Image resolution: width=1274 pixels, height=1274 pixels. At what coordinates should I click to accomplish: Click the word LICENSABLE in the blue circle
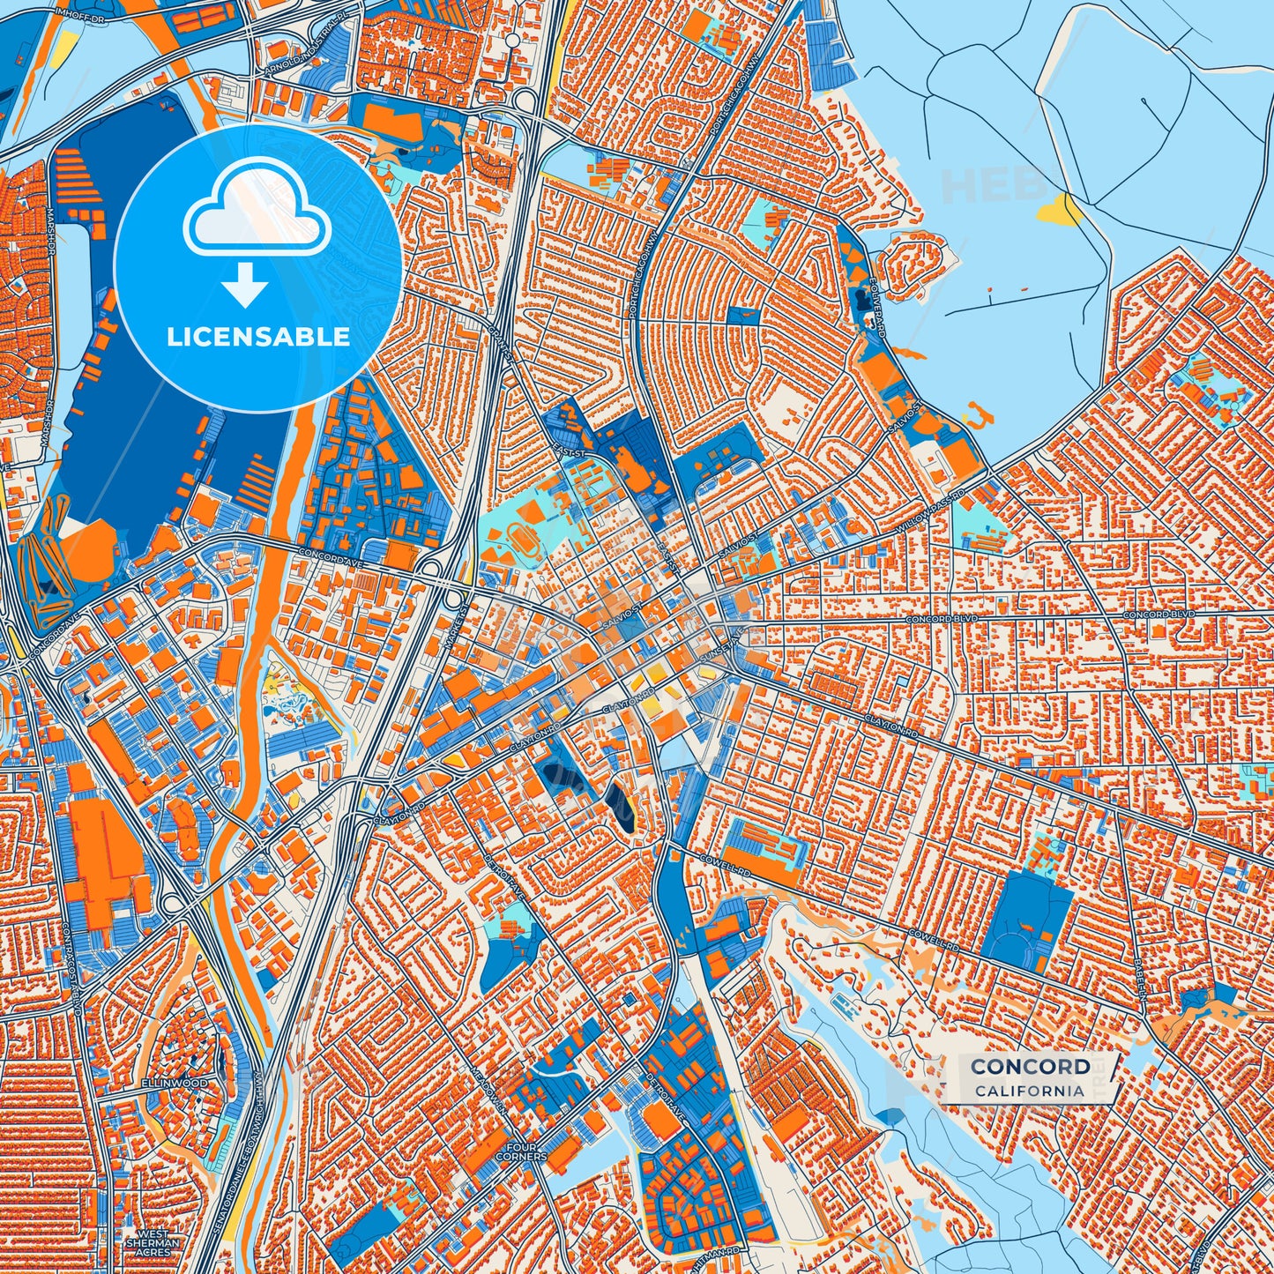(258, 337)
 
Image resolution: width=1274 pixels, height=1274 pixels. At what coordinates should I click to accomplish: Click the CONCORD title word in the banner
(1030, 1067)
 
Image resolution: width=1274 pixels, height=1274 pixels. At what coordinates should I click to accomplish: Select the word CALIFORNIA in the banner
(1030, 1091)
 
